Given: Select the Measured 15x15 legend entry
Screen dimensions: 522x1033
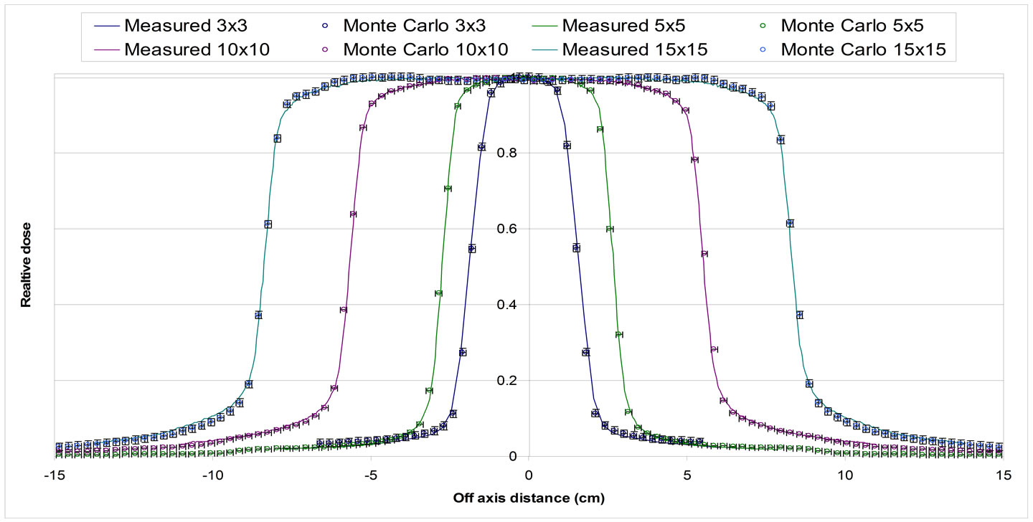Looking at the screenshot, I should pyautogui.click(x=624, y=50).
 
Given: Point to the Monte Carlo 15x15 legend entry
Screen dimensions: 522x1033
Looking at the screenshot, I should pyautogui.click(x=854, y=50).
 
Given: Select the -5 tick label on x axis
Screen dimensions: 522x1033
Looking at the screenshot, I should pyautogui.click(x=370, y=475).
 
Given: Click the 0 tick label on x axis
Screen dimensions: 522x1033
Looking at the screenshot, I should pyautogui.click(x=529, y=475).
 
